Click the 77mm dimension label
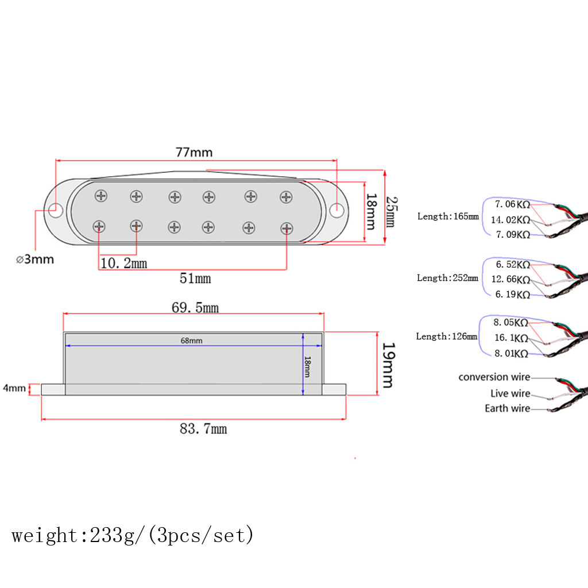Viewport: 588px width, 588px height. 194,152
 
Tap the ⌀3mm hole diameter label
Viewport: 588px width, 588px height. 35,259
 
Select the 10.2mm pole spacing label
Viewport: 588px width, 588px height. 123,264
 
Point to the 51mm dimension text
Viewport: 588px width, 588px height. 195,279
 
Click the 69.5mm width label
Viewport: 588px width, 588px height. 195,308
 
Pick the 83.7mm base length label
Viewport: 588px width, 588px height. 203,428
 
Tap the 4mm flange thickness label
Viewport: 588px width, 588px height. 14,388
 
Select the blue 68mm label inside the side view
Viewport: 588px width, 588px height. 191,341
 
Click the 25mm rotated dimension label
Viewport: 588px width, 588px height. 390,211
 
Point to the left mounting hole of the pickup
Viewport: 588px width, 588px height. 55,208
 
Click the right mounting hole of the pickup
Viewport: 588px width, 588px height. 337,209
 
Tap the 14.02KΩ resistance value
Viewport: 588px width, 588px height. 510,219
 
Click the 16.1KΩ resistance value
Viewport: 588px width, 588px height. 512,339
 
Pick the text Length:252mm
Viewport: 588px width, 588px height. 447,278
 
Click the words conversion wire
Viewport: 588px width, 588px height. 494,377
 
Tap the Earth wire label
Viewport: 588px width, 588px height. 507,408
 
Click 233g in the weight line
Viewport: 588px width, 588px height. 104,536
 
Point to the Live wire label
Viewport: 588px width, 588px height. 510,393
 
